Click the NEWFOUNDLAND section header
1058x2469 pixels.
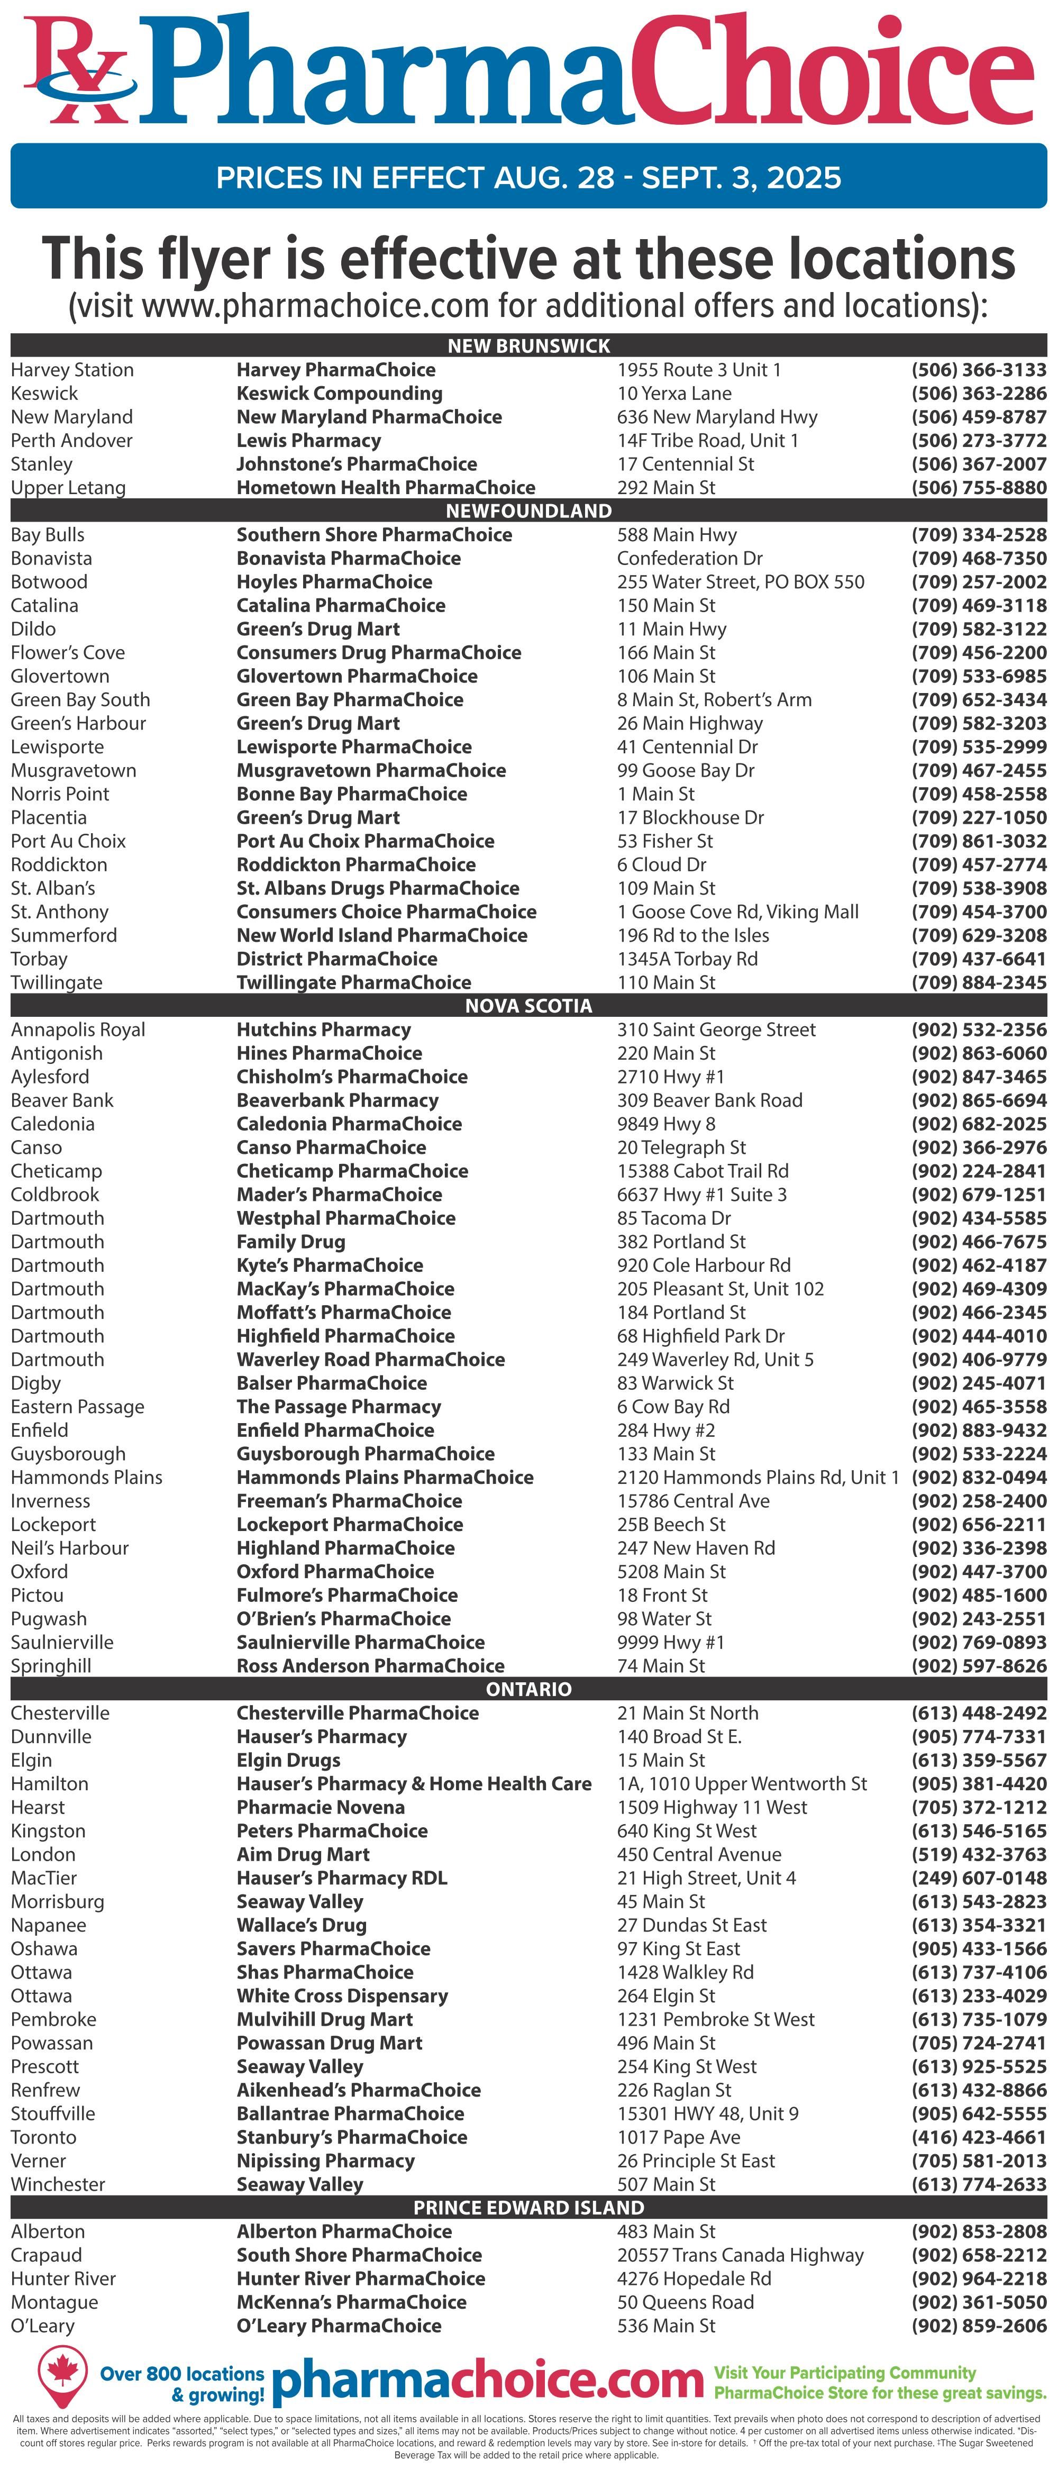click(x=528, y=511)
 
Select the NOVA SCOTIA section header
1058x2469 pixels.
click(x=528, y=1005)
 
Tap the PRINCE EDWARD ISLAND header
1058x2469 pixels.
click(x=528, y=2207)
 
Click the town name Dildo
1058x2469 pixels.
click(x=33, y=628)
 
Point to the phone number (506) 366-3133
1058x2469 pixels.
click(x=979, y=370)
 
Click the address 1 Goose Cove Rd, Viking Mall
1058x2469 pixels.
click(x=737, y=912)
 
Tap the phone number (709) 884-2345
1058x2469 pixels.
click(x=979, y=982)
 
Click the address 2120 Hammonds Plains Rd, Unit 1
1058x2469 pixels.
click(x=757, y=1477)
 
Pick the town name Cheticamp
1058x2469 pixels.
click(x=56, y=1171)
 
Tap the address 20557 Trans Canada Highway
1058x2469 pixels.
click(x=740, y=2255)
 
